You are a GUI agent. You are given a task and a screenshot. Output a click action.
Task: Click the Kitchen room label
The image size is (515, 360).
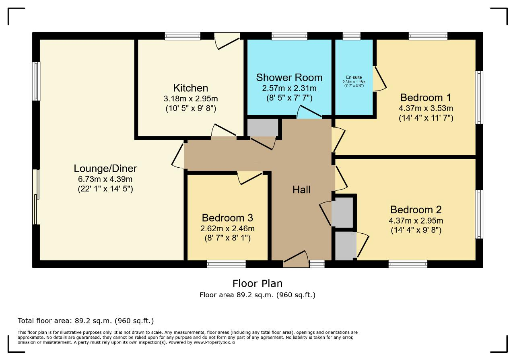191,88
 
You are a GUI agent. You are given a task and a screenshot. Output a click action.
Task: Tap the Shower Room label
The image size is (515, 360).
289,78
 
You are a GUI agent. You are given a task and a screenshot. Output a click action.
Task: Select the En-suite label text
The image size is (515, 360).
354,78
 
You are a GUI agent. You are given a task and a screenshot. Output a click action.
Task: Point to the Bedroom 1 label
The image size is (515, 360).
426,98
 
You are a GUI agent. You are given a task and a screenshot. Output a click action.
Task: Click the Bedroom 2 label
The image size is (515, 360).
416,210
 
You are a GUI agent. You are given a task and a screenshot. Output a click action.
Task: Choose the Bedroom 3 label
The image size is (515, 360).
227,218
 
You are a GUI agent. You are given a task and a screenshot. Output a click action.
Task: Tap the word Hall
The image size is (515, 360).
301,190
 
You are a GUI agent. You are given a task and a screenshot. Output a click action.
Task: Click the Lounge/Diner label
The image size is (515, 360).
105,169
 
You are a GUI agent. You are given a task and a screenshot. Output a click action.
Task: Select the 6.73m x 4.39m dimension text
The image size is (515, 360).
105,179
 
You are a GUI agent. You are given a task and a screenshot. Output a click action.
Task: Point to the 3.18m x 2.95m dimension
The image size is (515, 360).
191,99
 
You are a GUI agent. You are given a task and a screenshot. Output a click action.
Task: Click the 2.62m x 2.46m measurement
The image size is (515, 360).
227,228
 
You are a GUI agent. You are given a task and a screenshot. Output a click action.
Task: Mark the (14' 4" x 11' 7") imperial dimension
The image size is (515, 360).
426,118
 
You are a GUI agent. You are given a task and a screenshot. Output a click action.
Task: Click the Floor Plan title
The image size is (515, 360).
257,284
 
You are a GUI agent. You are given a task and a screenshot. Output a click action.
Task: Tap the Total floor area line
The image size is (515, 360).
86,321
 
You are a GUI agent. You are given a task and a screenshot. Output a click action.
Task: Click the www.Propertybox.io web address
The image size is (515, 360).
214,342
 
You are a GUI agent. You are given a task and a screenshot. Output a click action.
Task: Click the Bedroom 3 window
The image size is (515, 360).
226,264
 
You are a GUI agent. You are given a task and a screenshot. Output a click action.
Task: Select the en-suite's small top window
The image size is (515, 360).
352,36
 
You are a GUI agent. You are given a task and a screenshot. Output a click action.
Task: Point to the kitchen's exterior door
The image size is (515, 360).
227,41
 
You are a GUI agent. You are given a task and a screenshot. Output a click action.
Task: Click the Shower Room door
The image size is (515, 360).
309,112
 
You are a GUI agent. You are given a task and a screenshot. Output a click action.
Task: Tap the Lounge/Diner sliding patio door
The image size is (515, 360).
36,197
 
